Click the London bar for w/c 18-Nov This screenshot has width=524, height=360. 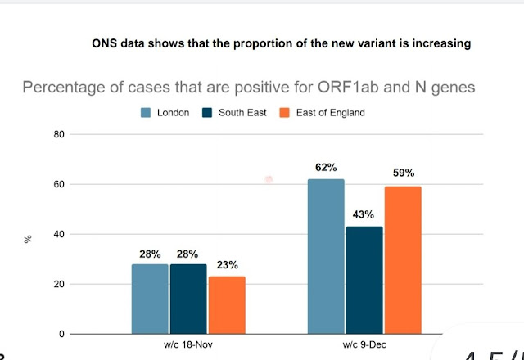click(x=150, y=299)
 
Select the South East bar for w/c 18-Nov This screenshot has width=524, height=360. click(x=188, y=299)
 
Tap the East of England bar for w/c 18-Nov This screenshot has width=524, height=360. click(x=226, y=305)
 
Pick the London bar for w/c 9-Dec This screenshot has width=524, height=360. click(x=326, y=256)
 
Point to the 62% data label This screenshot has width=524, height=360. click(x=327, y=168)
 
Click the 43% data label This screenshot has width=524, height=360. click(x=364, y=215)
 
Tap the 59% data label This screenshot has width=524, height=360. click(x=403, y=173)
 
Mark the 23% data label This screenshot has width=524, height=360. click(x=226, y=264)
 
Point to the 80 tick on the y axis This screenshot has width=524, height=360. click(x=58, y=134)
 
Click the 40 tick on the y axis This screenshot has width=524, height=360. click(x=58, y=235)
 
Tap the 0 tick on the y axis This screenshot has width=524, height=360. click(x=61, y=335)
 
